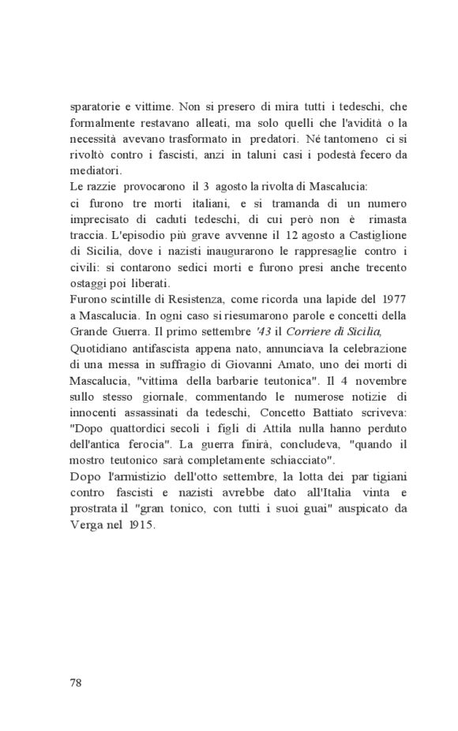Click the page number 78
tap(76, 682)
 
